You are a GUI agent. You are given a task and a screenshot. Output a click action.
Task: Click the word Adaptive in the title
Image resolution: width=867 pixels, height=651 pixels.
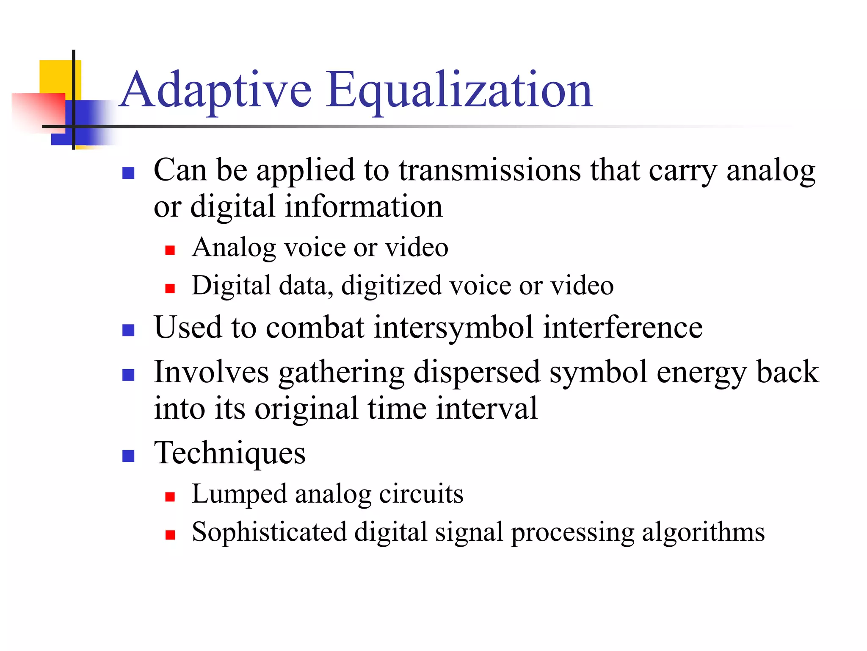point(216,90)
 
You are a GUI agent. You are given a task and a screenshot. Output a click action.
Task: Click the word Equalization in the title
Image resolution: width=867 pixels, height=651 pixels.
point(459,90)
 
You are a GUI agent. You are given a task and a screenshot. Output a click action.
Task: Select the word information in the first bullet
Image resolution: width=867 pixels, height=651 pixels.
point(364,207)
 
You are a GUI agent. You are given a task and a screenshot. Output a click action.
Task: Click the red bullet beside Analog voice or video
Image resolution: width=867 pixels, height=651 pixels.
point(170,250)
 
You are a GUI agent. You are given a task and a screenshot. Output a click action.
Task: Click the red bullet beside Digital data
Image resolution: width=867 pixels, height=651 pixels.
point(170,289)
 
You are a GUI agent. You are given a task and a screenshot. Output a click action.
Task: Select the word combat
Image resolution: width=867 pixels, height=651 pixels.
point(315,328)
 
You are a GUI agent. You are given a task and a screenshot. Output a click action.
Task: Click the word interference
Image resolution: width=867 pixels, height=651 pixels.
point(623,328)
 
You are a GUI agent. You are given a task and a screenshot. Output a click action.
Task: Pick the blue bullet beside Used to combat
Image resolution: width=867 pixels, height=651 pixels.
point(128,331)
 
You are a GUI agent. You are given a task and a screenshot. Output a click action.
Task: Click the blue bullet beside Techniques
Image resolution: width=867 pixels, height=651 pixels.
point(128,456)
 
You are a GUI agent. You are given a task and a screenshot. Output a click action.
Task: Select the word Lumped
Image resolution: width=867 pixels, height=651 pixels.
point(239,494)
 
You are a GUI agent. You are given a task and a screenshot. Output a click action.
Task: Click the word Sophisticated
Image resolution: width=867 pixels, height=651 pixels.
point(269,532)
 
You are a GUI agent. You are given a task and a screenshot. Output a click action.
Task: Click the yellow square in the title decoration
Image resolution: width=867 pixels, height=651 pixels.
point(55,76)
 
